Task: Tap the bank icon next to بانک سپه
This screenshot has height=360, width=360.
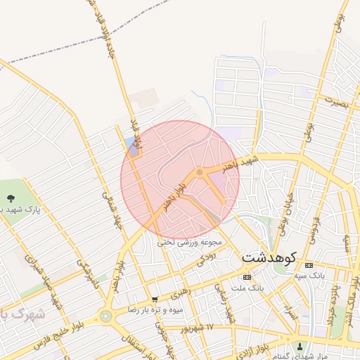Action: click(309, 265)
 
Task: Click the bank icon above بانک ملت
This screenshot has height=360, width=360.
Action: click(246, 277)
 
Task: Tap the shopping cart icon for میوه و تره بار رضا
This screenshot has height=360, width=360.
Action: click(154, 299)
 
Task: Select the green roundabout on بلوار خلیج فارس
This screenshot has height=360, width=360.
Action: click(105, 316)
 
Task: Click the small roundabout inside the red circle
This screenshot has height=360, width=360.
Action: click(200, 171)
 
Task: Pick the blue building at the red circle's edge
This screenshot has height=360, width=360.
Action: click(131, 146)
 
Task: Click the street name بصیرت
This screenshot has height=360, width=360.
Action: click(336, 102)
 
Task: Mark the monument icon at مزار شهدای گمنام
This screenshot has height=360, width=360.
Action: click(301, 345)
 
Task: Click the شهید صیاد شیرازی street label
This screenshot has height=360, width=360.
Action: click(42, 270)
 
